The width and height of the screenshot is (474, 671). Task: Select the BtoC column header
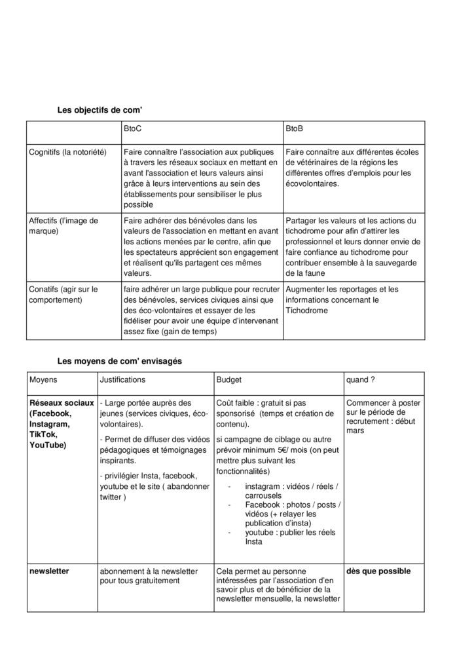[x=132, y=130]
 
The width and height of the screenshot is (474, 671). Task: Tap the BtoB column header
[x=294, y=130]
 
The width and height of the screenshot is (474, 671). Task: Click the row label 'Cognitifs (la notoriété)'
[x=67, y=153]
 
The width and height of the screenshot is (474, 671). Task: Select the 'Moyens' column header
[x=43, y=379]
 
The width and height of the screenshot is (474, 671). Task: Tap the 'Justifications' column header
[x=122, y=379]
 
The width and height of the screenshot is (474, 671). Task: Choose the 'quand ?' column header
[x=361, y=379]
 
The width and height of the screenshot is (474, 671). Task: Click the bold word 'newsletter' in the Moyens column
[x=49, y=571]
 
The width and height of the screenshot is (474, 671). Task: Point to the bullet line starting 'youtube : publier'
[x=286, y=533]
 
